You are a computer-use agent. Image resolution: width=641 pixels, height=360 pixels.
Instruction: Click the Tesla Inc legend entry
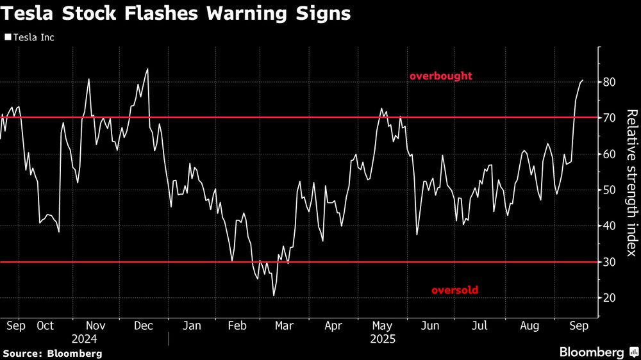[x=29, y=38]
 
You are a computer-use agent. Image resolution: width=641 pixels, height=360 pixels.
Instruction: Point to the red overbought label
[x=441, y=76]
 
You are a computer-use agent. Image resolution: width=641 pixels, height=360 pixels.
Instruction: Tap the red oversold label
[x=454, y=290]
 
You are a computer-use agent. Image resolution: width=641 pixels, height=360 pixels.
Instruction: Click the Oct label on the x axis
[x=46, y=325]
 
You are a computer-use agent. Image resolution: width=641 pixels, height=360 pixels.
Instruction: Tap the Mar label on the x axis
[x=284, y=325]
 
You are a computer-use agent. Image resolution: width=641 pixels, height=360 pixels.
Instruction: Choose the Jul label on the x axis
[x=479, y=325]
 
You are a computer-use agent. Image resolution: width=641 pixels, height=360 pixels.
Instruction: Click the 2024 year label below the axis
[x=84, y=338]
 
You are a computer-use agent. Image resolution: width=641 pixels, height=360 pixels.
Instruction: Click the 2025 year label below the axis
[x=382, y=338]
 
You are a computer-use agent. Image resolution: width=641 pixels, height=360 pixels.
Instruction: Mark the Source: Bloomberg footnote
[x=53, y=353]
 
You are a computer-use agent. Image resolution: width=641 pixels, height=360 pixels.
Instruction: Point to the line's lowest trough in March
[x=274, y=295]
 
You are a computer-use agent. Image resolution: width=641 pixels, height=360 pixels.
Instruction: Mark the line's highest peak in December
[x=148, y=69]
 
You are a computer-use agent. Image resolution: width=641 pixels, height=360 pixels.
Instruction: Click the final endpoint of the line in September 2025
[x=583, y=80]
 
